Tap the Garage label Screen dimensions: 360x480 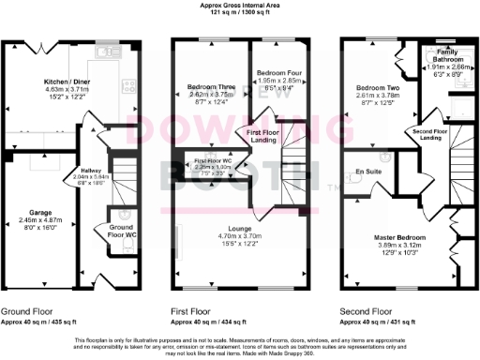(39, 187)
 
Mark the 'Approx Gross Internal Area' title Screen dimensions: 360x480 (240, 5)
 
